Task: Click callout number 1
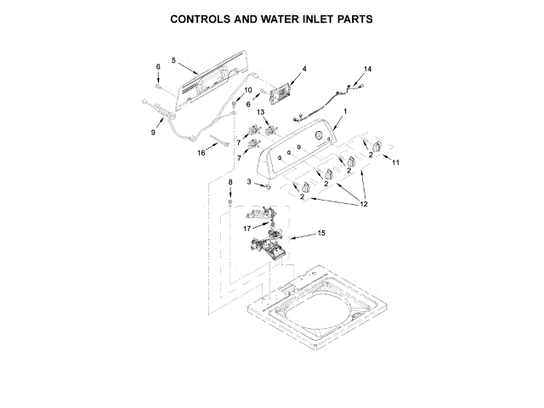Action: point(346,113)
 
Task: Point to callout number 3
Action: point(249,182)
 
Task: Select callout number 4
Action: point(303,68)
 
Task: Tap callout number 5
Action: point(173,61)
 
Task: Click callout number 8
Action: point(229,183)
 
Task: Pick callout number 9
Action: point(154,133)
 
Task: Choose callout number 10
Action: point(248,90)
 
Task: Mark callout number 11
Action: point(395,161)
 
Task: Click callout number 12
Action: point(364,204)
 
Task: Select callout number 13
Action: point(262,111)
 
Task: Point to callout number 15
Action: point(321,233)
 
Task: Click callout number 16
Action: point(201,153)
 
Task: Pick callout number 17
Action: point(246,228)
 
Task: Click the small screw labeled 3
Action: point(267,184)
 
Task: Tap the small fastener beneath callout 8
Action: point(229,202)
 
